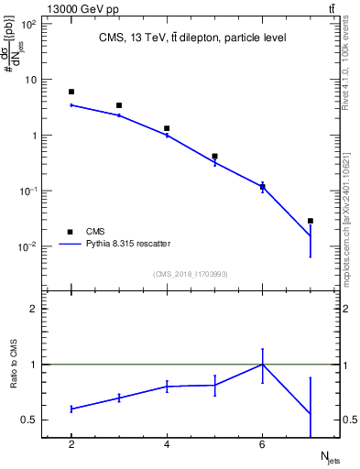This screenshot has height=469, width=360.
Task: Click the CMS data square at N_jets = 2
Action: pyautogui.click(x=71, y=92)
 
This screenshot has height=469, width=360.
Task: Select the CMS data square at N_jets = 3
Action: pyautogui.click(x=119, y=105)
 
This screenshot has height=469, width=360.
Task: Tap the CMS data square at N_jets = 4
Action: pyautogui.click(x=167, y=128)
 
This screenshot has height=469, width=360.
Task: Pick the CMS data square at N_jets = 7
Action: pyautogui.click(x=311, y=221)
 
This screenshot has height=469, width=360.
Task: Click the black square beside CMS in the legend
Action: pyautogui.click(x=69, y=232)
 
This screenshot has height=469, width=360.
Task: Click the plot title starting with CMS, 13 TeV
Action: pyautogui.click(x=192, y=38)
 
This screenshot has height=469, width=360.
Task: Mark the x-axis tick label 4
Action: pyautogui.click(x=167, y=444)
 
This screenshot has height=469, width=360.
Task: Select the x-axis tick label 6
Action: pyautogui.click(x=263, y=444)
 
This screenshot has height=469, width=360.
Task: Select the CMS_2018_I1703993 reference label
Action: pyautogui.click(x=191, y=274)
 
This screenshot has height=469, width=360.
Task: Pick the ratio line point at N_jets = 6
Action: pyautogui.click(x=263, y=365)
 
